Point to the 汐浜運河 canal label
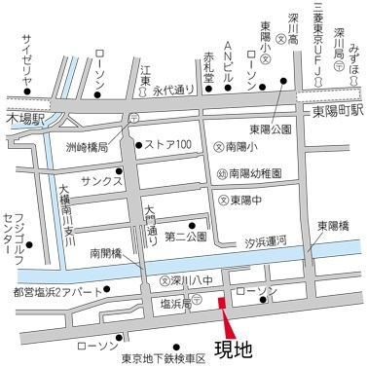[274, 239]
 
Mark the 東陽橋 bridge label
[334, 227]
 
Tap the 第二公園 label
[185, 237]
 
